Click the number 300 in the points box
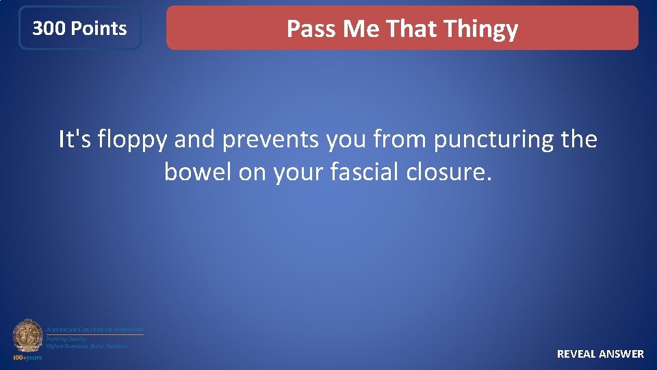[x=49, y=29]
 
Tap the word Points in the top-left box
[x=99, y=29]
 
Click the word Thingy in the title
[x=480, y=29]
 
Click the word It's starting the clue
[x=75, y=140]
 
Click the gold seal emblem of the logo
[x=27, y=336]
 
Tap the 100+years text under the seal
[x=27, y=357]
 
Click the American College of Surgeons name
[x=94, y=330]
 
